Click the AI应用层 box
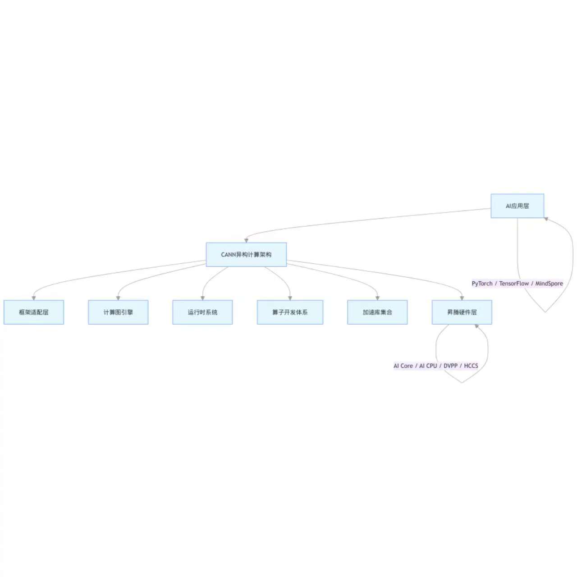point(517,206)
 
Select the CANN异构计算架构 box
point(246,255)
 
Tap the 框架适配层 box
point(34,312)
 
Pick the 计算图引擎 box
point(118,312)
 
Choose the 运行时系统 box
point(202,312)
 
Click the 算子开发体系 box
point(290,312)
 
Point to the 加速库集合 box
point(377,312)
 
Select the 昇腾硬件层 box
point(462,312)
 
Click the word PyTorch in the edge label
point(482,284)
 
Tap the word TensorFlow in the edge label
point(514,284)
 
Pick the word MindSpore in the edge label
point(549,284)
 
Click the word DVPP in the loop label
point(450,366)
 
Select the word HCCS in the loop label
point(471,366)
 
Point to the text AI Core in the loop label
point(403,366)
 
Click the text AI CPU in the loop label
point(428,366)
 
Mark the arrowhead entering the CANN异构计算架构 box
point(246,241)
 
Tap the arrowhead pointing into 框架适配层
point(34,298)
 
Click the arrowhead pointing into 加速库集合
point(377,298)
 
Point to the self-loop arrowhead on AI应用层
point(546,220)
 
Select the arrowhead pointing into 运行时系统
point(202,298)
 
